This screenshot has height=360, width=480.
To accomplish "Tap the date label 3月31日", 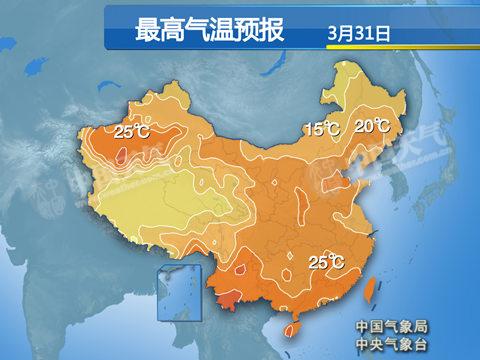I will click(x=357, y=33).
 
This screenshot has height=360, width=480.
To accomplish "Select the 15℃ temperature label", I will click(x=322, y=129).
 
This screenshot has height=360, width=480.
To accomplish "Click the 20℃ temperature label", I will click(x=371, y=126).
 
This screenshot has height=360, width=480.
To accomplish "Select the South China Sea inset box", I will click(x=177, y=295).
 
